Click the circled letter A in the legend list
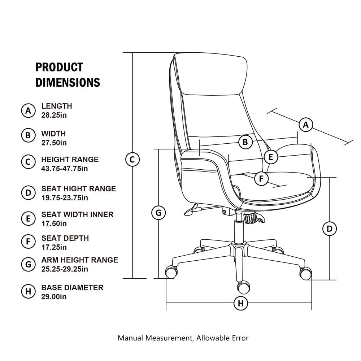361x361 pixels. click(x=28, y=110)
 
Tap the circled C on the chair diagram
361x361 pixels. click(x=132, y=159)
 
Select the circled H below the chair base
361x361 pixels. click(x=241, y=303)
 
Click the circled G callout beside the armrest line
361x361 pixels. click(x=158, y=213)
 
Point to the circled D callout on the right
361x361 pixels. click(x=329, y=229)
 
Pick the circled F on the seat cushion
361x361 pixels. click(x=261, y=179)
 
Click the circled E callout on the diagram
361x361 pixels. click(x=271, y=157)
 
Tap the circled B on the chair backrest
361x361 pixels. click(x=245, y=142)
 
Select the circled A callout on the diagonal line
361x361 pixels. click(x=306, y=125)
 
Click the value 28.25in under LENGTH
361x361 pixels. click(x=54, y=115)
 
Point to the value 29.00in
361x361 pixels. click(x=54, y=297)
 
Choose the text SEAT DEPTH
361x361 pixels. click(x=65, y=238)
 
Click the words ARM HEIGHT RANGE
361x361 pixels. click(x=79, y=260)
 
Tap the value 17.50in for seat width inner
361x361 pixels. click(x=54, y=223)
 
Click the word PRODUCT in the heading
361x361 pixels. click(x=59, y=67)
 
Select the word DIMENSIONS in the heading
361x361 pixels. click(x=68, y=82)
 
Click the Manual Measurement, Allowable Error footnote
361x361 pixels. click(x=183, y=338)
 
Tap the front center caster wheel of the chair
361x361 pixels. click(x=243, y=287)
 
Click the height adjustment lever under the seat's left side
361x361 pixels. click(x=193, y=209)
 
